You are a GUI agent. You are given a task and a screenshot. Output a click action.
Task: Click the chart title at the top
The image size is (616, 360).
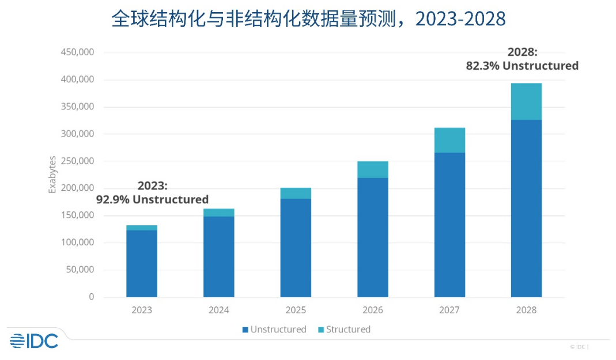(308, 19)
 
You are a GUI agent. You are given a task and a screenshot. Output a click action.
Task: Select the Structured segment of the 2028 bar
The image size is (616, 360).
(526, 101)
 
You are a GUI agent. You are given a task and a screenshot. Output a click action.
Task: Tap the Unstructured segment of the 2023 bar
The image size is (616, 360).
(142, 263)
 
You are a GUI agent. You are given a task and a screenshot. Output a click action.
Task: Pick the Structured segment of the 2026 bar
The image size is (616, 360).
(372, 169)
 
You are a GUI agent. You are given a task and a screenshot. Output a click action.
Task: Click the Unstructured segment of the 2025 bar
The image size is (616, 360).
(296, 248)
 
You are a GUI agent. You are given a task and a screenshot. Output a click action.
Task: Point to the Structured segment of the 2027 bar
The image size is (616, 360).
(449, 140)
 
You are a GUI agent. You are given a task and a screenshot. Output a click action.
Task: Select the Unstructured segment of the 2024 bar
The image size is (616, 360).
(219, 256)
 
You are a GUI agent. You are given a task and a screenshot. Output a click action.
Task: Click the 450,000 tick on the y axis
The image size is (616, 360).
(77, 52)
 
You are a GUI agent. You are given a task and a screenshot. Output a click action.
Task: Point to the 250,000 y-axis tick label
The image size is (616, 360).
(77, 161)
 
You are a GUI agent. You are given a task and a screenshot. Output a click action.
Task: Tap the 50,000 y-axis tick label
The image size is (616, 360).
(80, 270)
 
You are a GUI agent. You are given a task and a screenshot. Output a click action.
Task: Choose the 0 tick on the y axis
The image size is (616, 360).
(91, 297)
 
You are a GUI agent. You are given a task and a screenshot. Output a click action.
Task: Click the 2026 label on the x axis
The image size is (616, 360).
(372, 310)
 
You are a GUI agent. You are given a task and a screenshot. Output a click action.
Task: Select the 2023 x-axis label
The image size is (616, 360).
(142, 310)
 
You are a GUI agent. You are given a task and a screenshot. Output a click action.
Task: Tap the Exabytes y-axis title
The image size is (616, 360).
(52, 175)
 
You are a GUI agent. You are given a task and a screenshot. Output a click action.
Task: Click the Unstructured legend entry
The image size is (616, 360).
(274, 329)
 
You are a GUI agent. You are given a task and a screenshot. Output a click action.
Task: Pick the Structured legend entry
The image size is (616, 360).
(343, 329)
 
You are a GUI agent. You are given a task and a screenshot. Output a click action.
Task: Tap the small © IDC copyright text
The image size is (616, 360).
(579, 347)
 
